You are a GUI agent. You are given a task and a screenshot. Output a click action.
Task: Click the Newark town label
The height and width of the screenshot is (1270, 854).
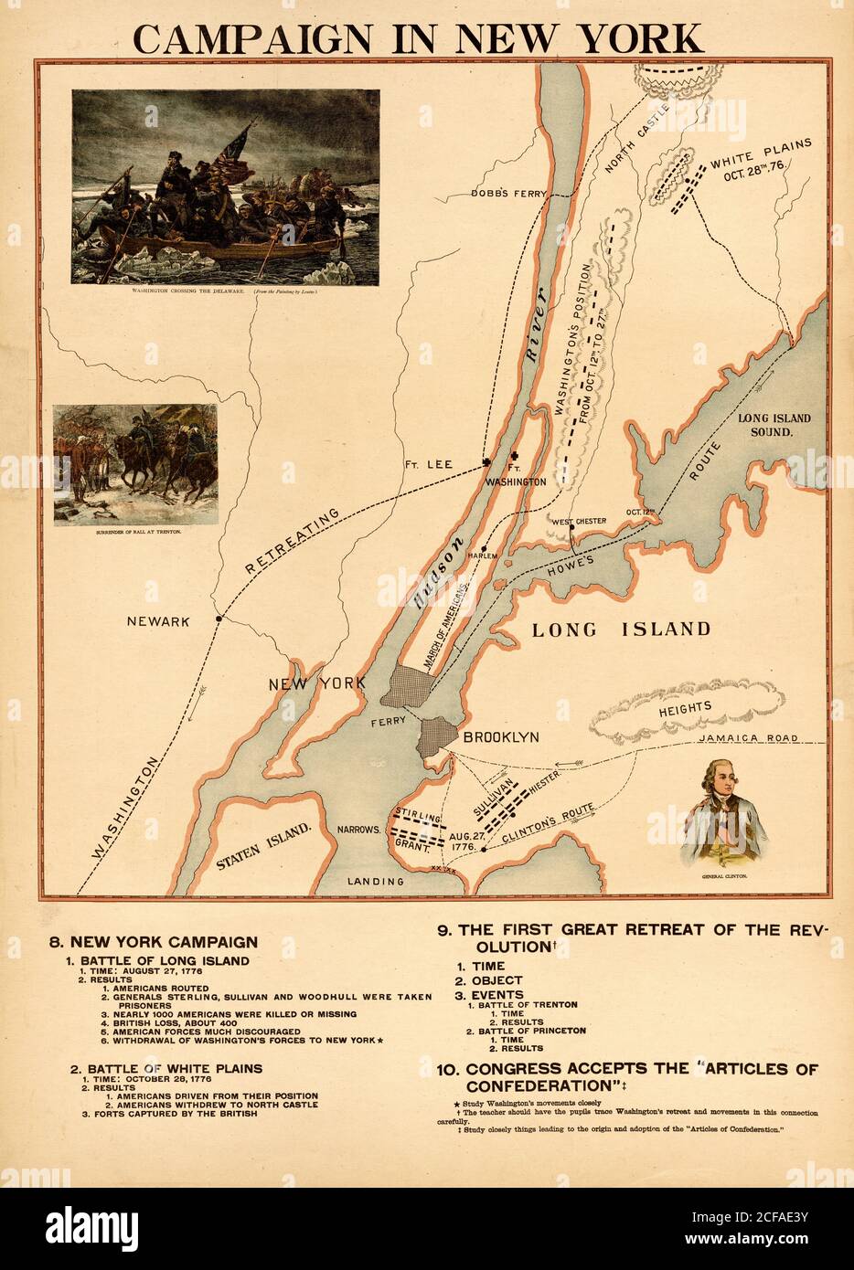pos(158,621)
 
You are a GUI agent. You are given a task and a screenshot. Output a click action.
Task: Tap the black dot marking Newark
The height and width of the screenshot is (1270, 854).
pos(219,619)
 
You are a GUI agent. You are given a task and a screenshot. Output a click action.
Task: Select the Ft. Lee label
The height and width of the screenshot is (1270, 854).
pos(430,464)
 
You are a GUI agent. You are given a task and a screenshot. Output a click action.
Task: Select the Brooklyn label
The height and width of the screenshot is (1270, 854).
pos(500,736)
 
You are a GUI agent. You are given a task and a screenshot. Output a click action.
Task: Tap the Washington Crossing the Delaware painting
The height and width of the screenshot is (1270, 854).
pos(225,187)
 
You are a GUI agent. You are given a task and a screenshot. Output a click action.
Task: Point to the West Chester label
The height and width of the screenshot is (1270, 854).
pos(577,522)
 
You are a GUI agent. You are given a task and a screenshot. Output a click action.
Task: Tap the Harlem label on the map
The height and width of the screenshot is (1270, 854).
pos(482,556)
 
